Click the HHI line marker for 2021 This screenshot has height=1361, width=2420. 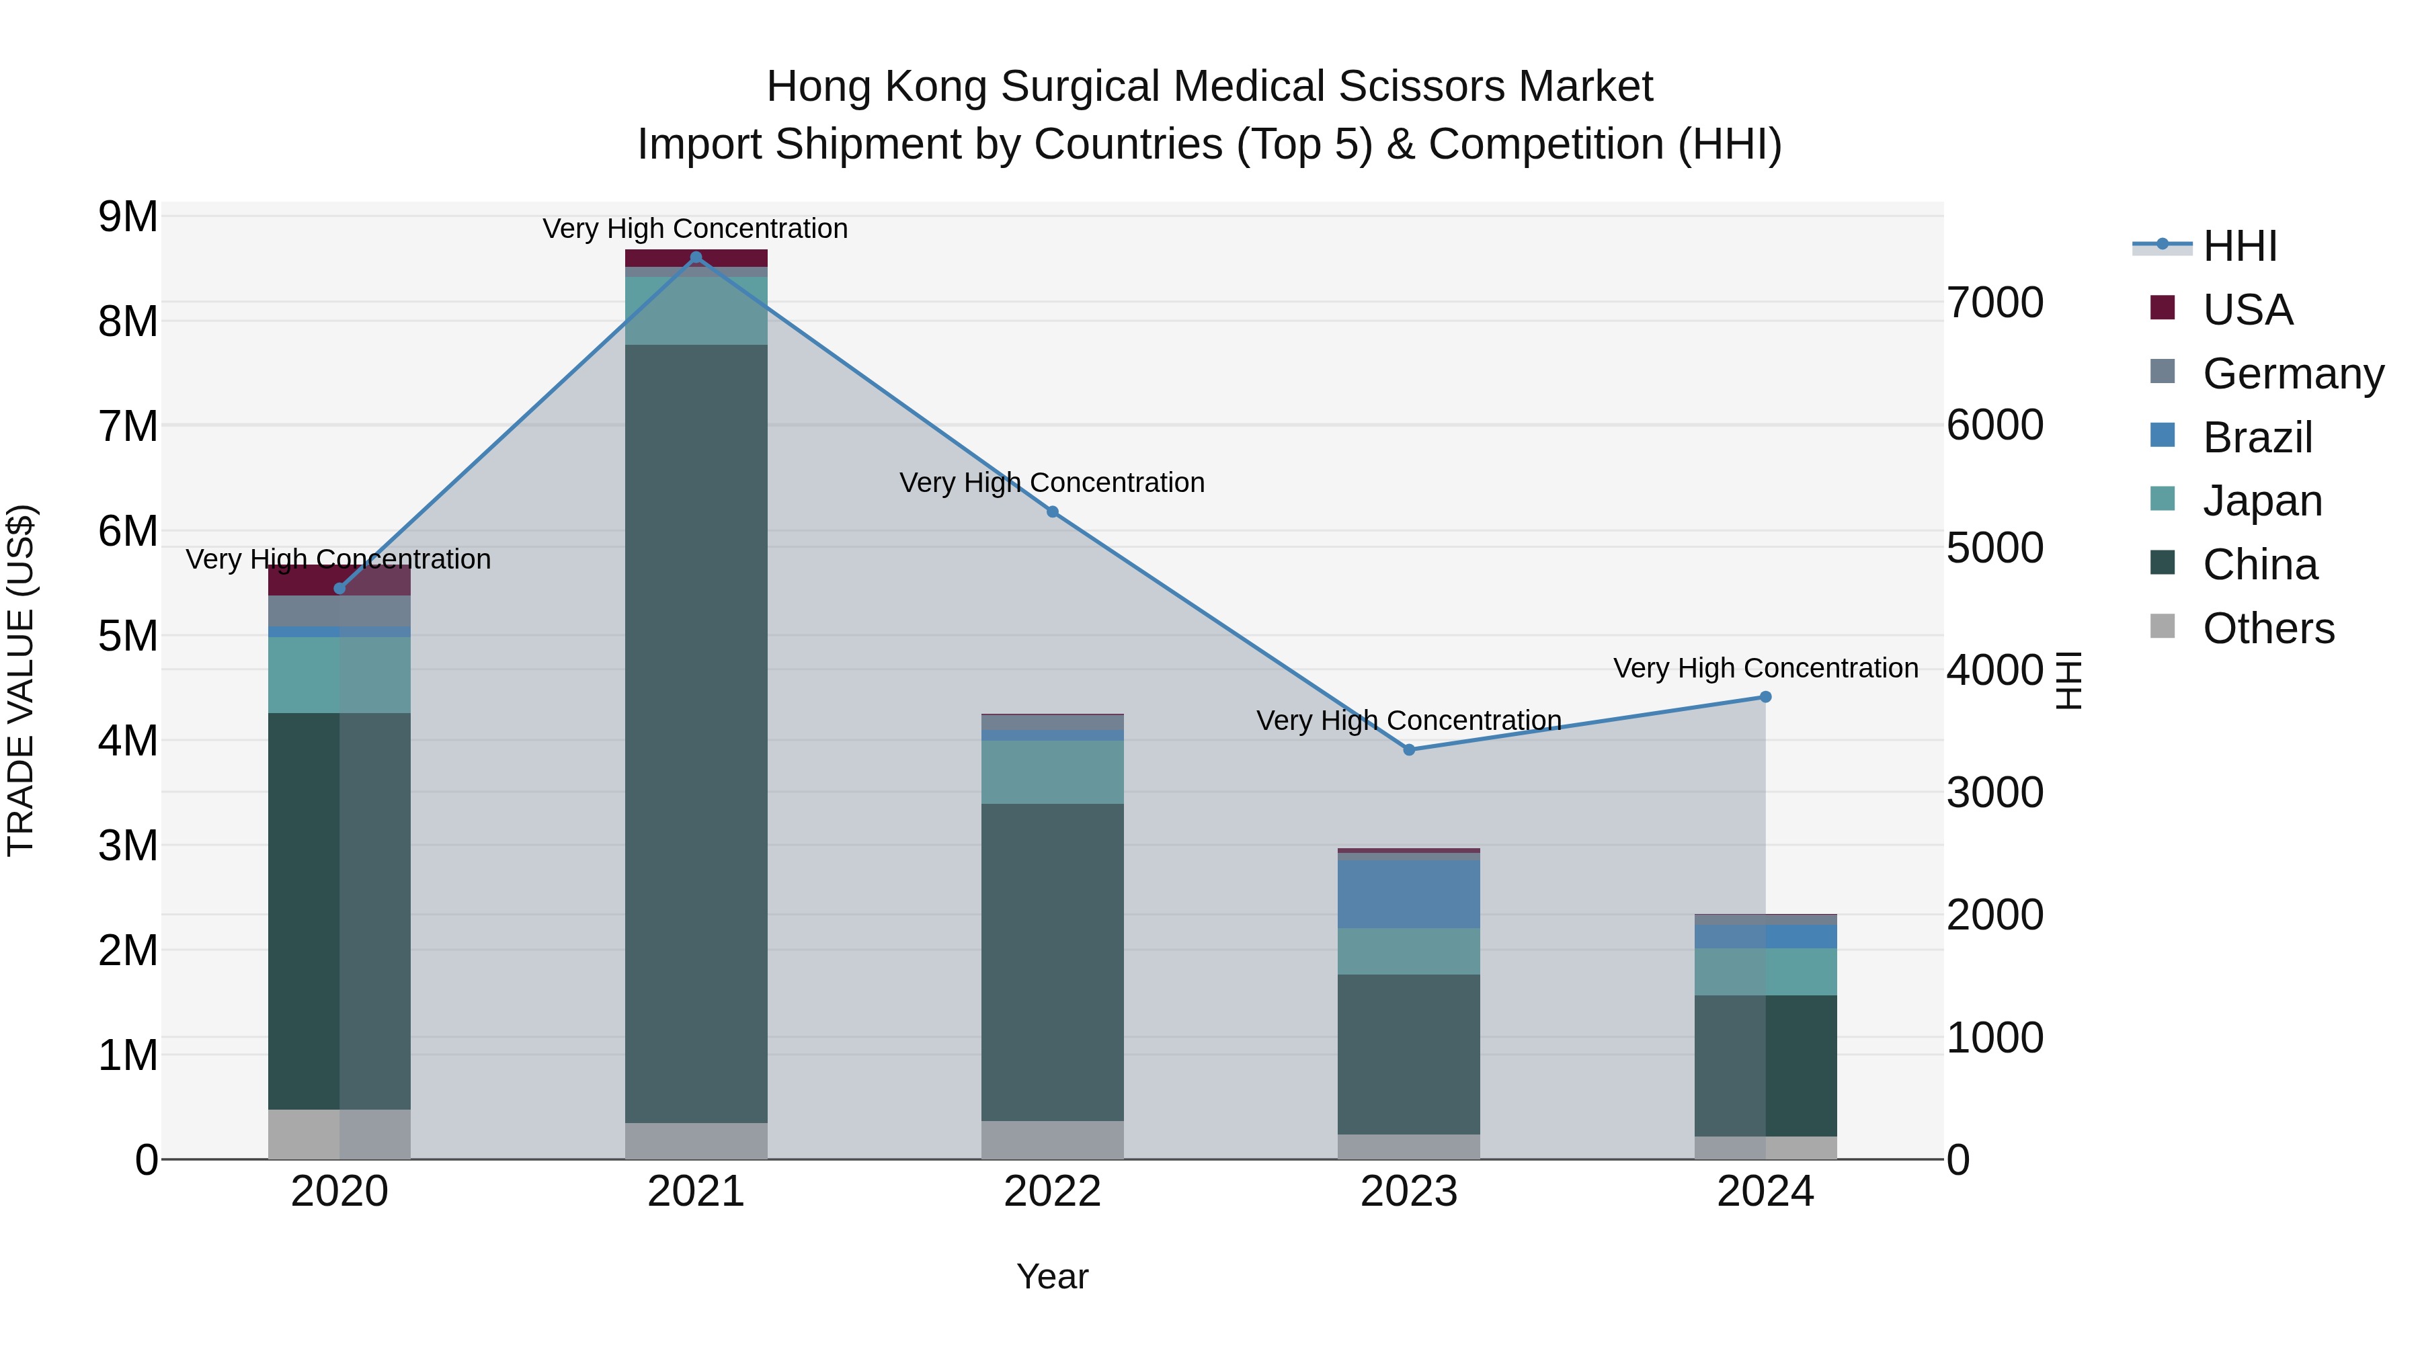(x=696, y=257)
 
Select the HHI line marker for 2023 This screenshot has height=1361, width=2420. (x=1409, y=749)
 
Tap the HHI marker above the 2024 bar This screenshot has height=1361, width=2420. (x=1765, y=697)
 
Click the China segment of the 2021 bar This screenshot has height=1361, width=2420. (x=696, y=733)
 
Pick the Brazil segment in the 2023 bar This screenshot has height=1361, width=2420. (x=1409, y=893)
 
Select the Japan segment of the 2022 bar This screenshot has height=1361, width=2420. (x=1052, y=772)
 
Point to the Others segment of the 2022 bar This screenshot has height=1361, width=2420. (x=1052, y=1139)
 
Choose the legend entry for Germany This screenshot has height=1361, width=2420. (x=2292, y=374)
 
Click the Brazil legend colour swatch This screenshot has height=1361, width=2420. (x=2163, y=436)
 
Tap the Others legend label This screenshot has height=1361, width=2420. (x=2268, y=628)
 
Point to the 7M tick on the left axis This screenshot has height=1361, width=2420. (x=128, y=426)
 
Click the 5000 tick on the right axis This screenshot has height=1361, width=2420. (x=1994, y=548)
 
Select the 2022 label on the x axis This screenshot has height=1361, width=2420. (x=1052, y=1192)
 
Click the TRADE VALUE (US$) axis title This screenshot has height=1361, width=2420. (x=21, y=680)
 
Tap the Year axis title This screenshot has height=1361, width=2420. (x=1052, y=1276)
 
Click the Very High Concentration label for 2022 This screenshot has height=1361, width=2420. (x=1052, y=483)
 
